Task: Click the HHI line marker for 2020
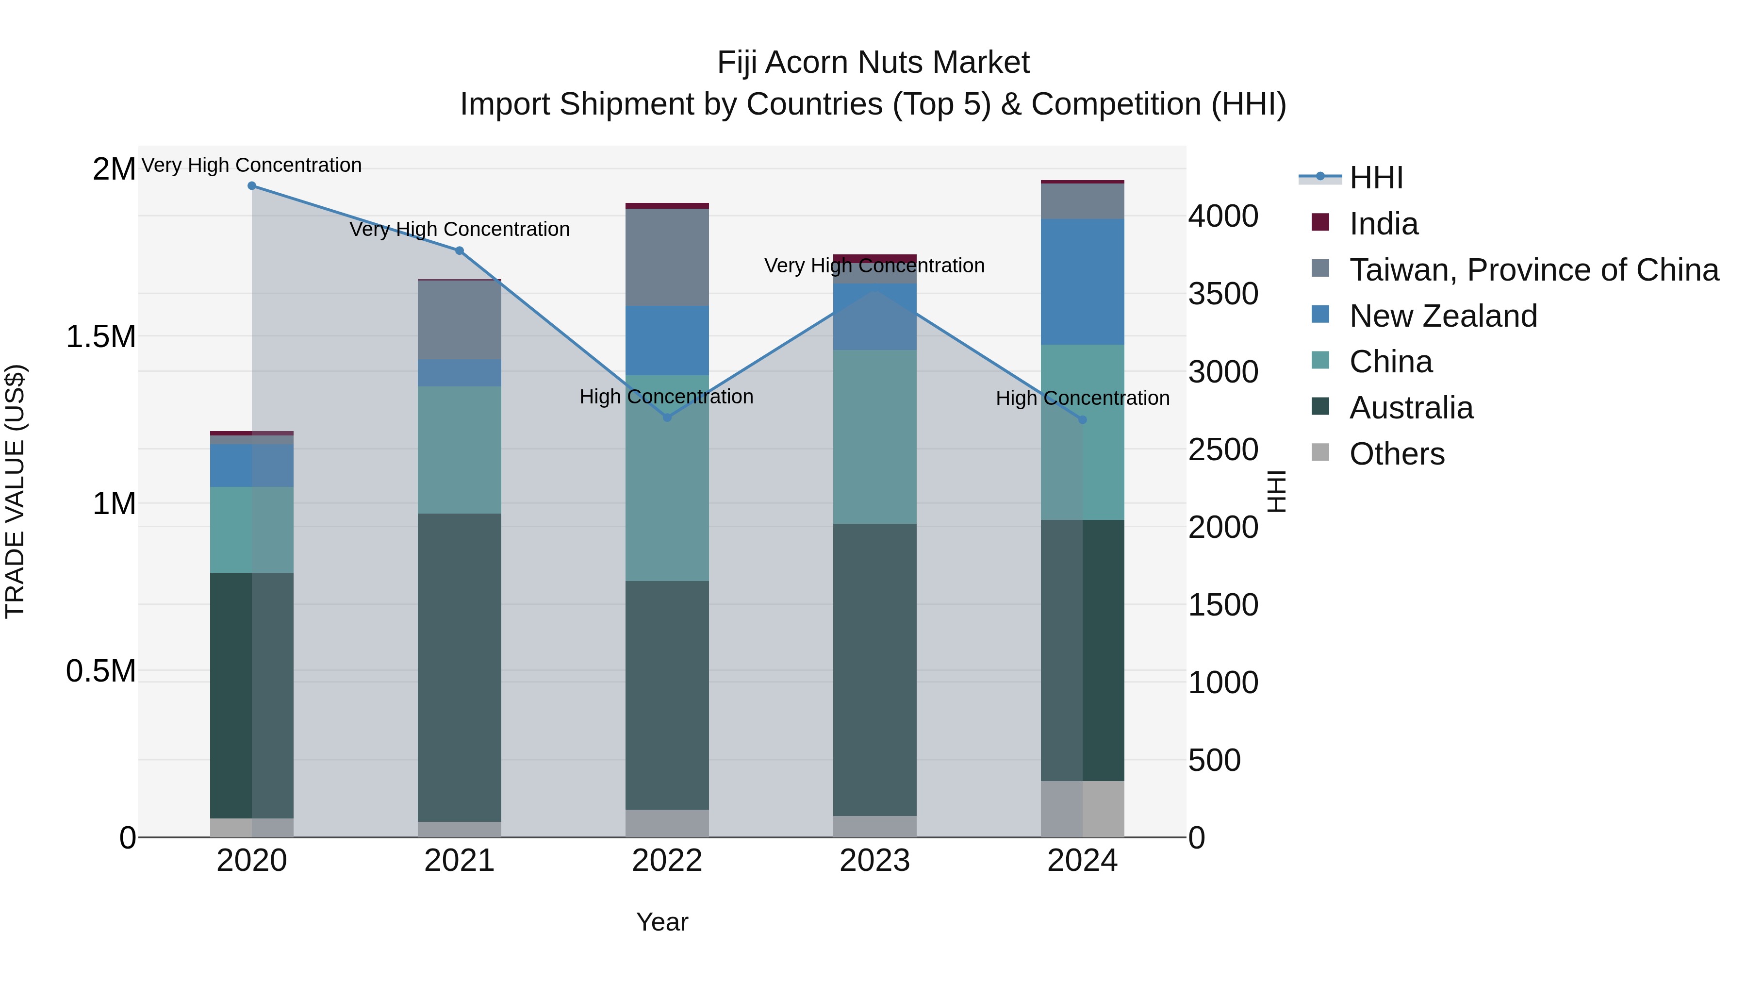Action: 251,186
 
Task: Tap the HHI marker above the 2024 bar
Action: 1082,420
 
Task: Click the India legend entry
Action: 1383,224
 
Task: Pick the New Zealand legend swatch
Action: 1320,315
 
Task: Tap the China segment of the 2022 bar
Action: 667,478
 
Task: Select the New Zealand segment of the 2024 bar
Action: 1082,282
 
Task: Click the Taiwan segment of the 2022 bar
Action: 667,257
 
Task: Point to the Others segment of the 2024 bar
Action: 1082,809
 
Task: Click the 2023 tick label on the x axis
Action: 874,861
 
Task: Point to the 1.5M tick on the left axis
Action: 101,336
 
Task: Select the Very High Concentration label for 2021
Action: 459,229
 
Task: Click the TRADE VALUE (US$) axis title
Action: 15,491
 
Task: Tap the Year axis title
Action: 662,922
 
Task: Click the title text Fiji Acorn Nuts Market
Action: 873,63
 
